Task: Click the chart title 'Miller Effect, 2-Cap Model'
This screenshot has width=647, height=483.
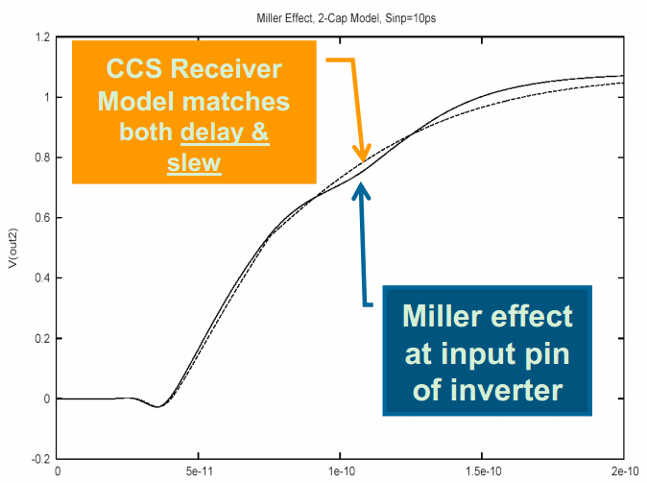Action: [327, 18]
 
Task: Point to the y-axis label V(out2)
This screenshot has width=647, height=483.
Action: [12, 249]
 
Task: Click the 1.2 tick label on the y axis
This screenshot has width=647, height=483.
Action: [42, 37]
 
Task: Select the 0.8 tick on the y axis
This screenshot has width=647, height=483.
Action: [42, 157]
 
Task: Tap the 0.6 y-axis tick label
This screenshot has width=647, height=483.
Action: [42, 218]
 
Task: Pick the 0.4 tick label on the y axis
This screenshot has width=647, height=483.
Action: [42, 278]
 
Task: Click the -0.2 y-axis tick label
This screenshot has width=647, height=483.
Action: [40, 459]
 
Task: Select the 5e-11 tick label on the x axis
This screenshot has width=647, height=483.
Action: [198, 471]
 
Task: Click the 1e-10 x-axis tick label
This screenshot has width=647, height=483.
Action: [340, 471]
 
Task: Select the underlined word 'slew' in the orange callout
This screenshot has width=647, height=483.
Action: [194, 163]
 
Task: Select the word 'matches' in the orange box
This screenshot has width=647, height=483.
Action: [231, 101]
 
